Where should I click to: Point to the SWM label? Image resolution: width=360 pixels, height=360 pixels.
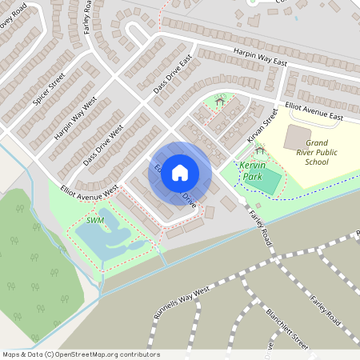[x=94, y=220]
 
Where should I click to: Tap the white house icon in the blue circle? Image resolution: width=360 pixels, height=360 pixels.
[x=180, y=172]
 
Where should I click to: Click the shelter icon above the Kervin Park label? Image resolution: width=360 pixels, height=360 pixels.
[x=259, y=151]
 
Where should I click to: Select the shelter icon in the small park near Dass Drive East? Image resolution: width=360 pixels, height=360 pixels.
[x=220, y=101]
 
